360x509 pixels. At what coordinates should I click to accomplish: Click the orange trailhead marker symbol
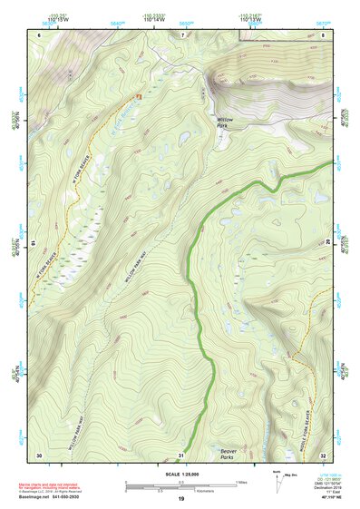pos(139,95)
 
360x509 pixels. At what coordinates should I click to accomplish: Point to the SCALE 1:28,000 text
pos(180,474)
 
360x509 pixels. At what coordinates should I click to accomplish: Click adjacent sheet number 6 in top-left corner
pos(39,34)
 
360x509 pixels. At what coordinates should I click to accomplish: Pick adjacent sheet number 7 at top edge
pos(181,34)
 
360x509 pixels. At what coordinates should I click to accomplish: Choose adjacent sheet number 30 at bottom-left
pos(39,455)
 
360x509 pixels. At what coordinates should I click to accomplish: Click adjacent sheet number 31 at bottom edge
pos(181,455)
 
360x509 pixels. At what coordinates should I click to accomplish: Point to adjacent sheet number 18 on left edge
pos(34,243)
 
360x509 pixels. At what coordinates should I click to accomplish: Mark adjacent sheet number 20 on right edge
pos(328,243)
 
